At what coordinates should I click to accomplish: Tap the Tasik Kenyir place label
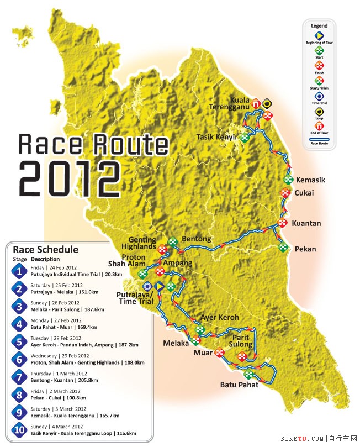click(217, 136)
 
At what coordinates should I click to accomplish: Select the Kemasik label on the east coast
click(310, 180)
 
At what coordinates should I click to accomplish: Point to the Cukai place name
click(304, 193)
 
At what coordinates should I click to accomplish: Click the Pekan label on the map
click(306, 249)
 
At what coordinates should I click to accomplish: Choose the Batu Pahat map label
click(239, 385)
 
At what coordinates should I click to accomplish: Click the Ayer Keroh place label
click(220, 318)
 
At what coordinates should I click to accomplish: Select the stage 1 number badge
click(19, 271)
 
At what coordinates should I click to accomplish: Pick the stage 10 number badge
click(19, 430)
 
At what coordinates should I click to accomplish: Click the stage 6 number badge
click(19, 360)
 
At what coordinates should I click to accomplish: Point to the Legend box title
click(319, 25)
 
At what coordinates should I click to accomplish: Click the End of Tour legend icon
click(319, 130)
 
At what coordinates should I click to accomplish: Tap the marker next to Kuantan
click(283, 223)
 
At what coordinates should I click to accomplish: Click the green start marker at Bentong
click(173, 241)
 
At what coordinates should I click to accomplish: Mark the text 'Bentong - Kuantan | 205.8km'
click(64, 380)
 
